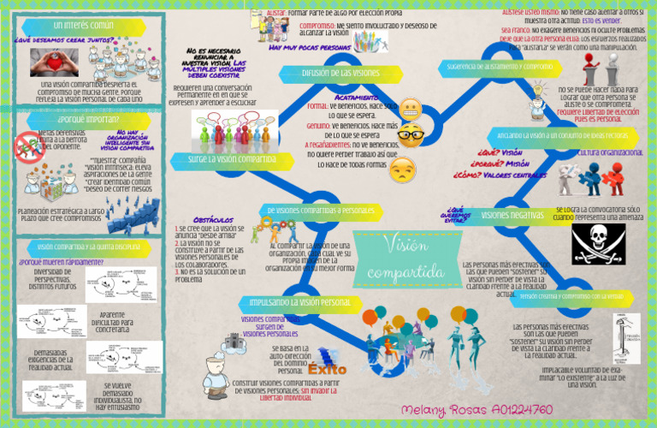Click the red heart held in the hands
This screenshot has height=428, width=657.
click(53, 62)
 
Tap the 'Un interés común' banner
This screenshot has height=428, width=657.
click(82, 26)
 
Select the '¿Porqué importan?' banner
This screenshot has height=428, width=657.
click(68, 119)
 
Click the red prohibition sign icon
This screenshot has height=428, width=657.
click(30, 146)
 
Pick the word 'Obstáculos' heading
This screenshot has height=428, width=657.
click(208, 220)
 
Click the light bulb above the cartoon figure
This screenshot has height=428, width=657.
click(539, 90)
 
